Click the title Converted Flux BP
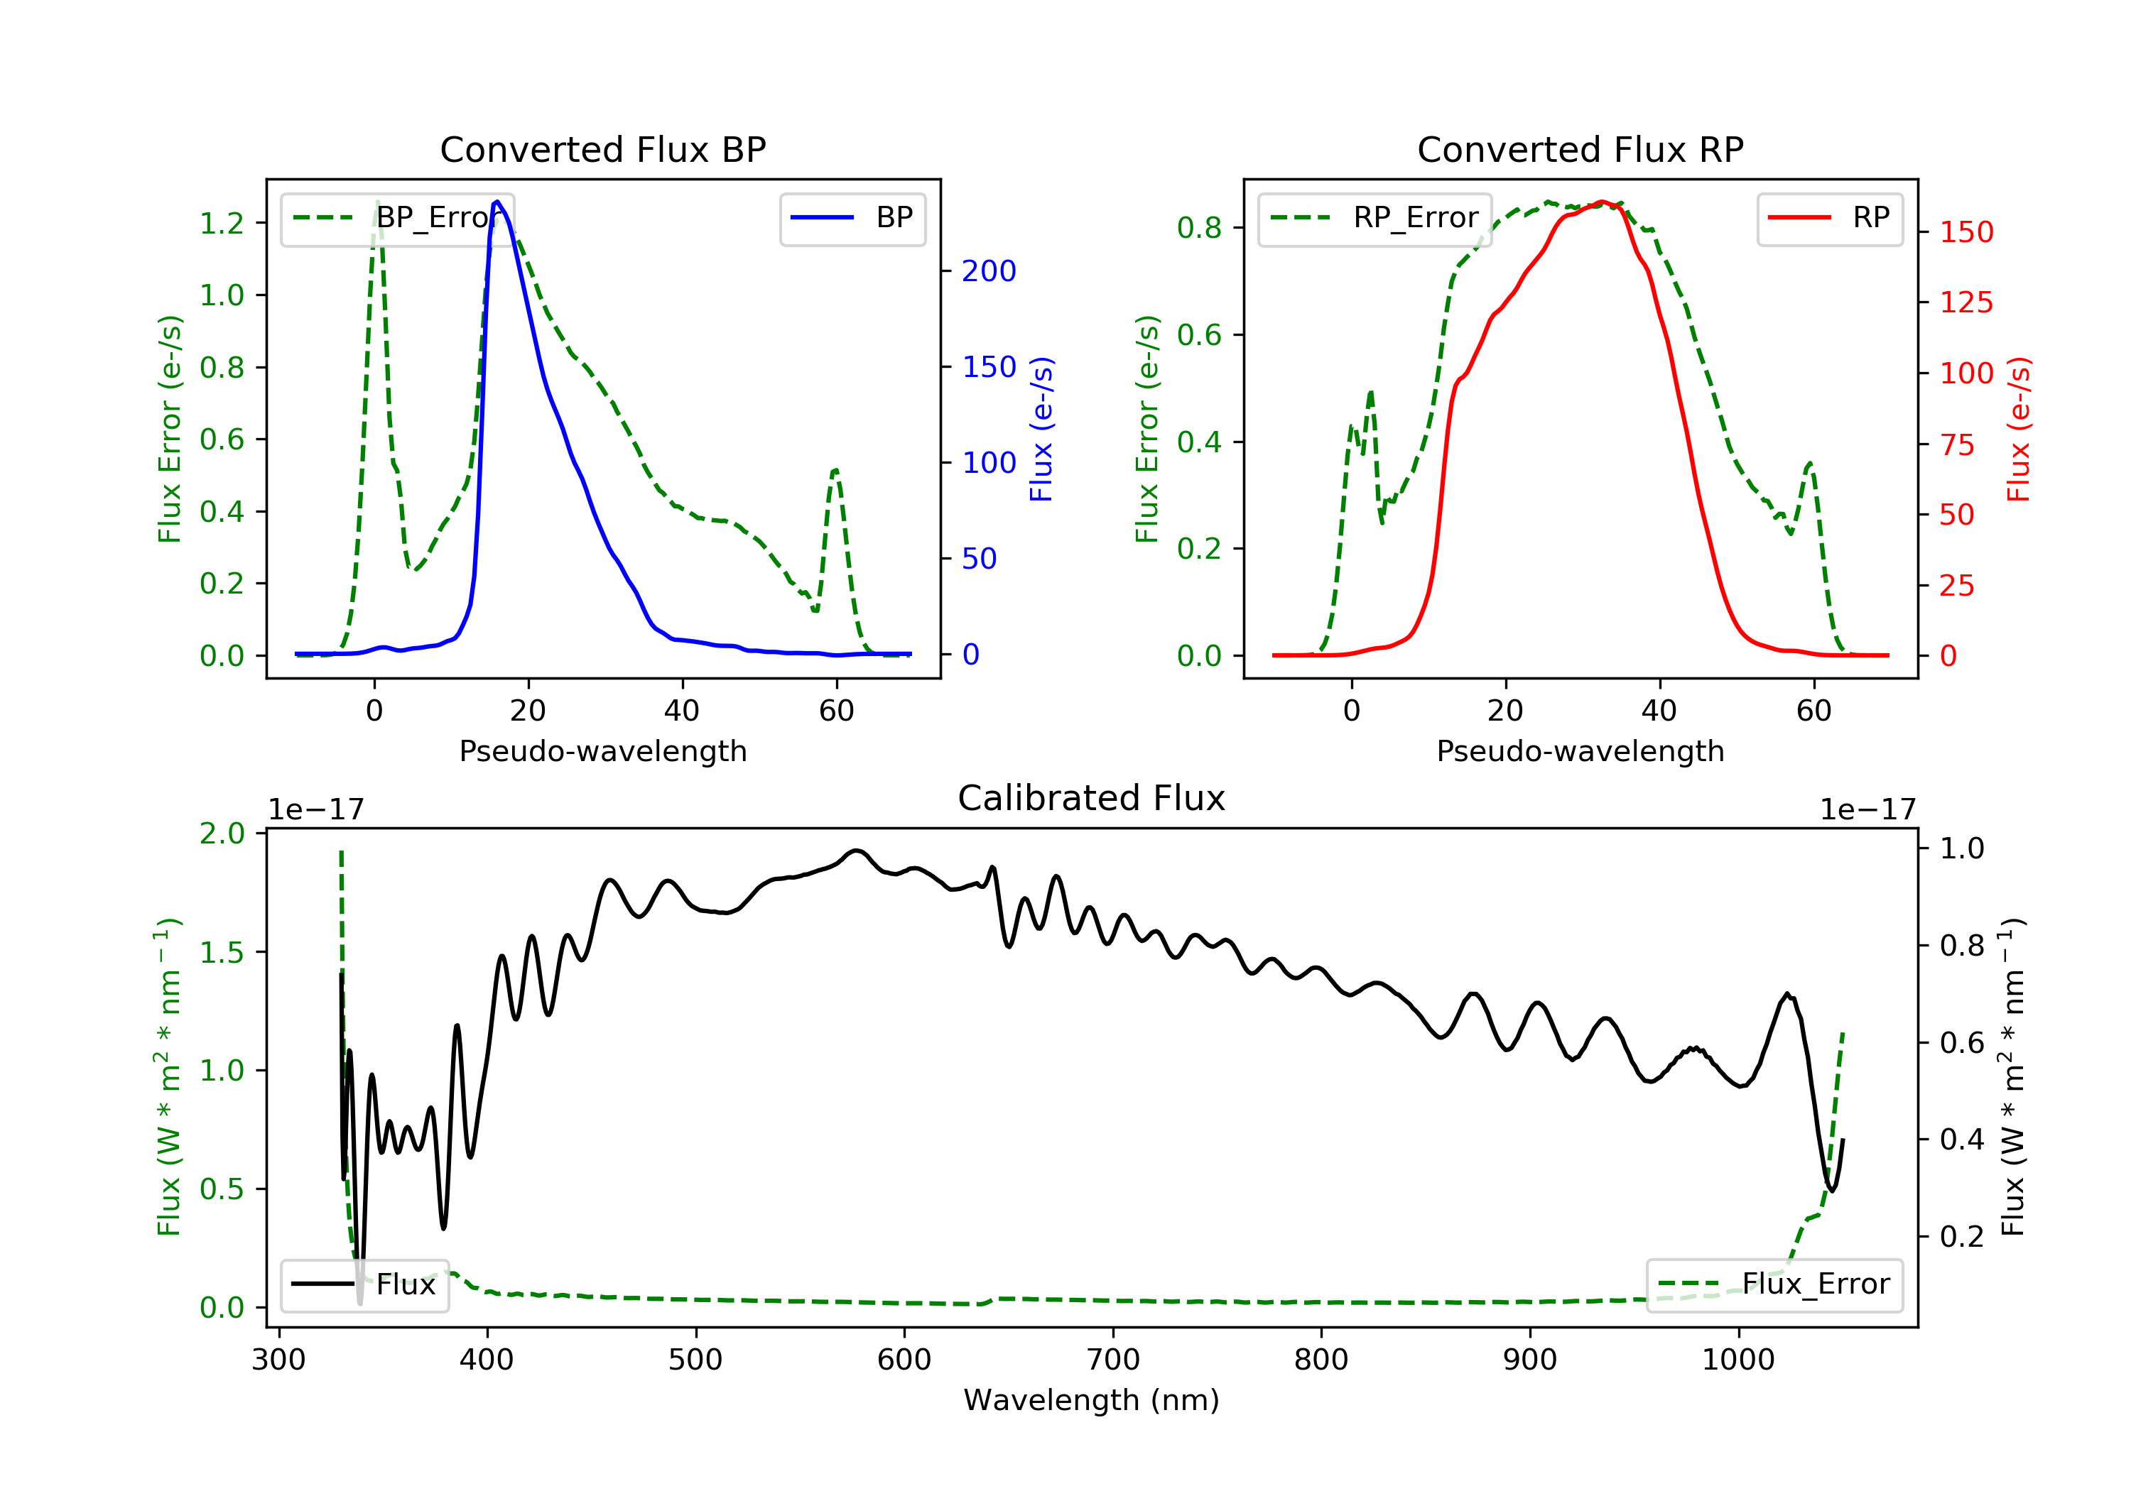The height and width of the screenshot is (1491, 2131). tap(602, 149)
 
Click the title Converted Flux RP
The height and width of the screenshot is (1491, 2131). tap(1580, 149)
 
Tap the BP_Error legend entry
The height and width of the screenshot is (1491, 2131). tap(396, 218)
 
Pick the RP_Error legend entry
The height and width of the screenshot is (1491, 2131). tap(1374, 218)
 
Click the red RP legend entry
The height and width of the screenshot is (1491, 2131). tap(1829, 218)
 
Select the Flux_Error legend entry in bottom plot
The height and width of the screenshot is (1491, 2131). tap(1774, 1284)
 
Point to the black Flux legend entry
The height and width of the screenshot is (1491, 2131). tap(365, 1284)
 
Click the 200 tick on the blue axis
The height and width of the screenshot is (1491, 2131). tap(989, 271)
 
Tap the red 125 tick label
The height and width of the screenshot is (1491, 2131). tap(1965, 302)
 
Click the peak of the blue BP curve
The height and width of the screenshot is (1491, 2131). tap(497, 202)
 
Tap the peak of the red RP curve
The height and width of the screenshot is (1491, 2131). tap(1602, 202)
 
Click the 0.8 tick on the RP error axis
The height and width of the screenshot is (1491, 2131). tap(1198, 228)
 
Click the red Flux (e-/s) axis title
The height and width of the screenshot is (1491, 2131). tap(2018, 429)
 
